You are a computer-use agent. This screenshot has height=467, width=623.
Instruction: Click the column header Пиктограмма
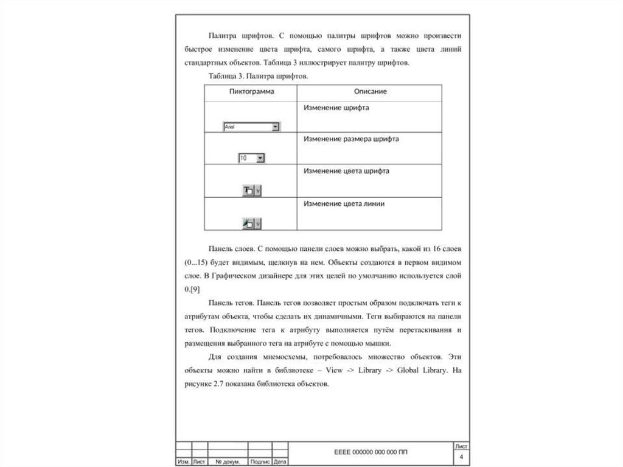[251, 91]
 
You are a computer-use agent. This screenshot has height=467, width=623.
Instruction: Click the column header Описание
[371, 91]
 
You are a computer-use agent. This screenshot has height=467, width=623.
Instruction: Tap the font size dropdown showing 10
[252, 158]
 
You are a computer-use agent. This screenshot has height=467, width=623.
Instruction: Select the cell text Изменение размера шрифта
[351, 139]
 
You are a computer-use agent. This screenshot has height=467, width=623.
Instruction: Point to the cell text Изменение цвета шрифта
[346, 171]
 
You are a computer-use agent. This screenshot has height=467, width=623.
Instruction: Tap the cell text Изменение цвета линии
[344, 204]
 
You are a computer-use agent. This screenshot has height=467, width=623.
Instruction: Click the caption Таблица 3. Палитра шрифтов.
[259, 76]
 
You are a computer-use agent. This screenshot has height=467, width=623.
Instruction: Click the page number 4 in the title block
[461, 457]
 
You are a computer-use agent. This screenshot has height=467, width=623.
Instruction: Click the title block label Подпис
[260, 462]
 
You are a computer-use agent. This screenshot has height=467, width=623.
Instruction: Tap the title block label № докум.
[228, 462]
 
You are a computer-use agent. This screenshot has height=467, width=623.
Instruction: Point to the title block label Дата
[280, 462]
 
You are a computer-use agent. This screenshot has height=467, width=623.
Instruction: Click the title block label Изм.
[183, 462]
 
